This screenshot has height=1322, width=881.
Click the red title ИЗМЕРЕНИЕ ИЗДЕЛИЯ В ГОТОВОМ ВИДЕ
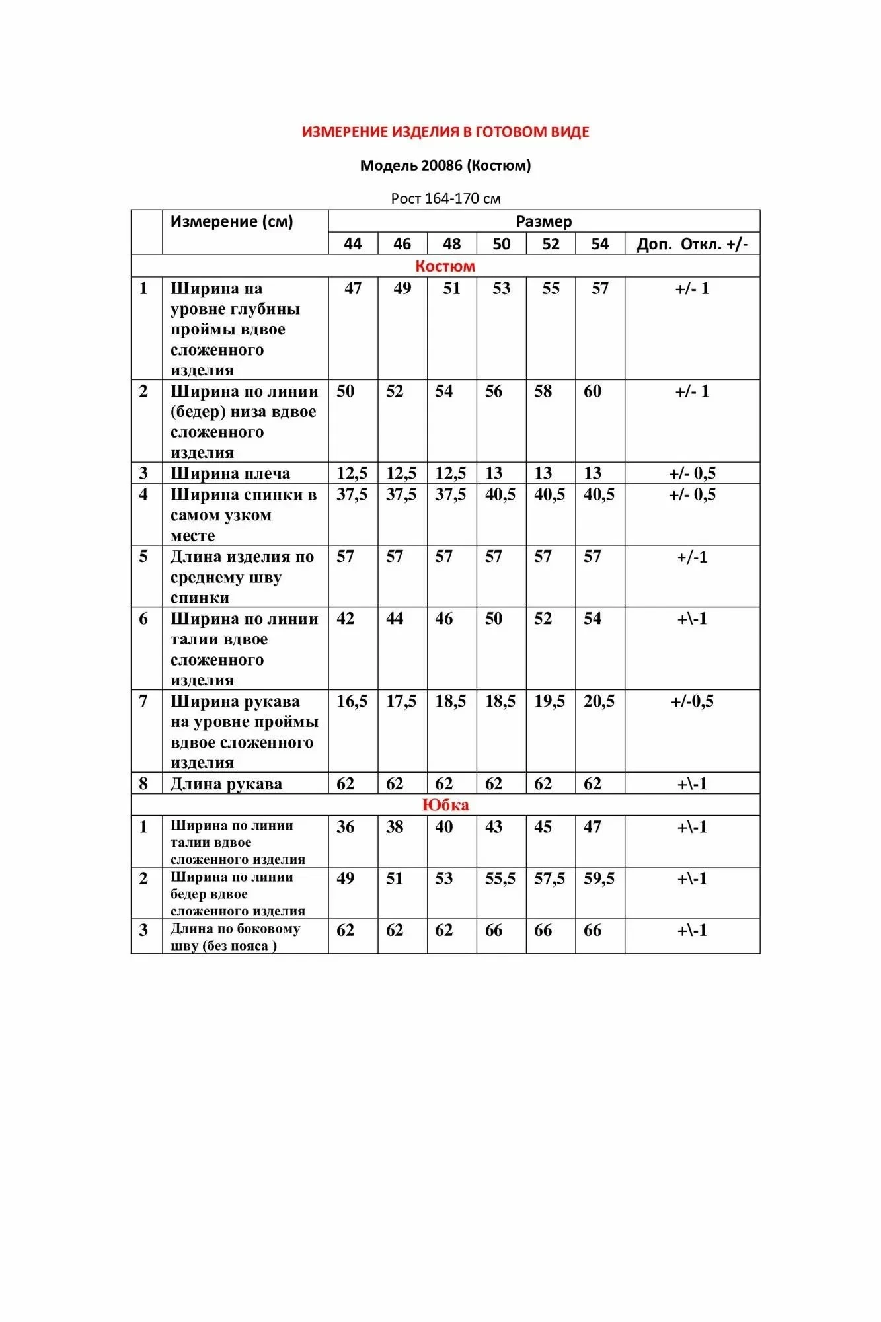point(445,132)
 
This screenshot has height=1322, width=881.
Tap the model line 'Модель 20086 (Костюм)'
point(445,165)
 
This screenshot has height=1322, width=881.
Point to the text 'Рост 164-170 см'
point(445,198)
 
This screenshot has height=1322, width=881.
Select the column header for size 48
point(451,244)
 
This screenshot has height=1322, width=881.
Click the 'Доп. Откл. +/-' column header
point(692,244)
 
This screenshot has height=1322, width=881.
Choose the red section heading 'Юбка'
point(445,805)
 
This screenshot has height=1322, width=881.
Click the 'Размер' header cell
point(543,221)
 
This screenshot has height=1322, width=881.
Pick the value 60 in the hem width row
point(592,391)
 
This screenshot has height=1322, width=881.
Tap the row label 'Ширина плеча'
point(230,473)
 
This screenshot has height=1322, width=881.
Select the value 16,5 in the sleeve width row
point(352,701)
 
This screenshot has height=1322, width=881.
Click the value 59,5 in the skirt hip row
point(599,878)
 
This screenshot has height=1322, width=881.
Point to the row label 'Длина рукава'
point(226,784)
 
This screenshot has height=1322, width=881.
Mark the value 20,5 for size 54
point(599,701)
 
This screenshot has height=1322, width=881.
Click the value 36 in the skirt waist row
point(345,827)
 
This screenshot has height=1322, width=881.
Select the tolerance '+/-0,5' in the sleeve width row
point(692,701)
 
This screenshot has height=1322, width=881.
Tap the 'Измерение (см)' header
point(231,221)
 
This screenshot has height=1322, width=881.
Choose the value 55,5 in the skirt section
point(500,878)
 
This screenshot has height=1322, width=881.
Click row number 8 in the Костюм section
point(143,784)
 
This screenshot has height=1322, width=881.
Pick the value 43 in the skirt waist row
point(494,827)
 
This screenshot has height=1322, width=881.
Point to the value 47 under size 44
point(353,288)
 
